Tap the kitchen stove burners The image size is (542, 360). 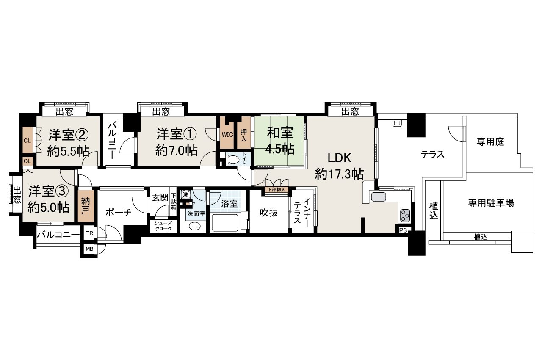coord(405,216)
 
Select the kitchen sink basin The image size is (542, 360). coord(379,197)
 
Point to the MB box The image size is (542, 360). coord(89,249)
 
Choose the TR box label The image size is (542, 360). coord(89,233)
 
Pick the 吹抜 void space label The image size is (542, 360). coord(268,213)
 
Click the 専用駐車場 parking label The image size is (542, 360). coord(491,203)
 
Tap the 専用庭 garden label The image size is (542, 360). coord(490,142)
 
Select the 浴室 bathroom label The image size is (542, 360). coord(230,204)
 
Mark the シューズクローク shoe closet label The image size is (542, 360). coord(163,226)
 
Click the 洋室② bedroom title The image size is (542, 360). coord(68,135)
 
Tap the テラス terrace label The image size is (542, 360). coord(432,155)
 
